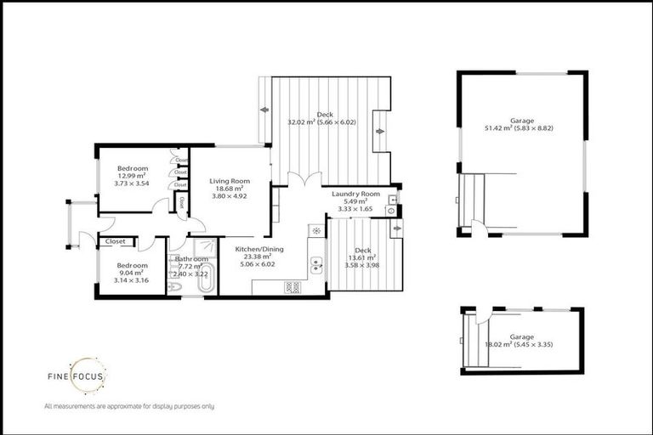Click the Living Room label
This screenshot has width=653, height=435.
pos(228,180)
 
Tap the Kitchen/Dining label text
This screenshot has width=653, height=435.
pos(256,249)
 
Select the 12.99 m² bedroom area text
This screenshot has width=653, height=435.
pos(131,175)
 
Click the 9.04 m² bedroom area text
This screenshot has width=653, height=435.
pos(131,272)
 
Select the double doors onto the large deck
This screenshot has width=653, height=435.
pos(301,179)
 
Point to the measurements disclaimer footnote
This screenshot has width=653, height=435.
pos(128,407)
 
